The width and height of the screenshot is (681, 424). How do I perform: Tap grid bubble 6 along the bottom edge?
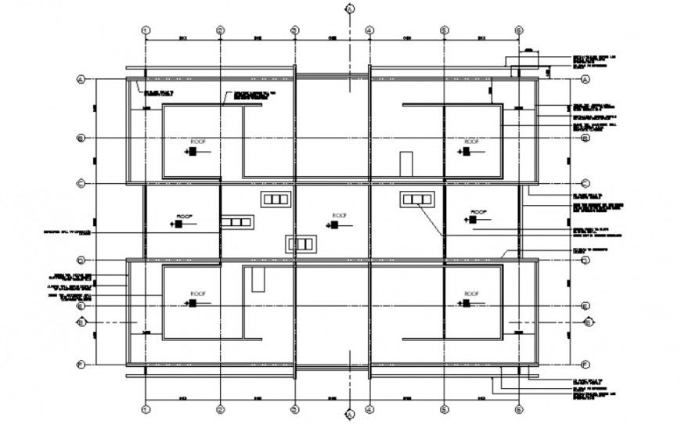[x=518, y=408]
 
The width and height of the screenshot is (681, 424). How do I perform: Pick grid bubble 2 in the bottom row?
[x=221, y=408]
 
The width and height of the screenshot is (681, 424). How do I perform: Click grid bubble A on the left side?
[x=80, y=79]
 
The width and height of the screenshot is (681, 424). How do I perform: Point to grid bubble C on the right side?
[x=585, y=183]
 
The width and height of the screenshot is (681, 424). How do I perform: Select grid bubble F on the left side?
[x=80, y=364]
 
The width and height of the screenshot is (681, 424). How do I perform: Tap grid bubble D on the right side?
[x=585, y=260]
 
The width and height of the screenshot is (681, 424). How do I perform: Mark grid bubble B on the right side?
[x=585, y=138]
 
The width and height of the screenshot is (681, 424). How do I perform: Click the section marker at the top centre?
[x=350, y=9]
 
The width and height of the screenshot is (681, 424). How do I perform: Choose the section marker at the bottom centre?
[x=350, y=415]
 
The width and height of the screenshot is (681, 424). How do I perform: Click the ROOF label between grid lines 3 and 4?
[x=339, y=215]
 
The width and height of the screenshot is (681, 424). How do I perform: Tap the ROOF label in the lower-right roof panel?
[x=471, y=293]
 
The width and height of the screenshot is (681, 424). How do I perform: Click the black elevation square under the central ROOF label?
[x=334, y=225]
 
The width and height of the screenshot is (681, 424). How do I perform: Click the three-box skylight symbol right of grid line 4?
[x=417, y=200]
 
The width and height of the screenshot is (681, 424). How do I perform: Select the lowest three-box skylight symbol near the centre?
[x=302, y=244]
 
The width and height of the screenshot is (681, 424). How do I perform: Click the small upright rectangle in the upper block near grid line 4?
[x=405, y=164]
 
